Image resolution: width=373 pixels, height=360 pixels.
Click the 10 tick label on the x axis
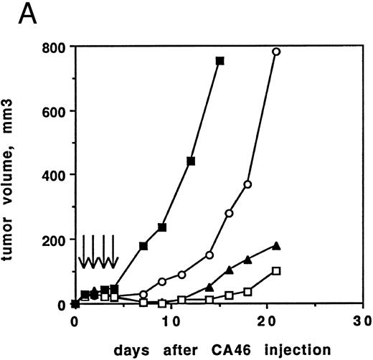(171, 321)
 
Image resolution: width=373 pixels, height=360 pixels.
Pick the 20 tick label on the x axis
(266, 321)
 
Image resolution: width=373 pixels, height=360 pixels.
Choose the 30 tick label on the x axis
(362, 321)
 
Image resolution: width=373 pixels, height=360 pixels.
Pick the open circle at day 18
(247, 184)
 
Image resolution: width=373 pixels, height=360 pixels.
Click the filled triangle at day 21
(276, 246)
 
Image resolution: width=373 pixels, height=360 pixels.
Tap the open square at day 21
(276, 271)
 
